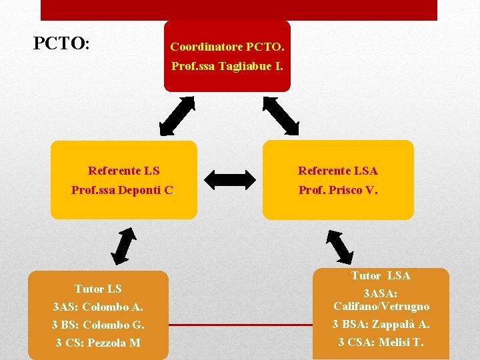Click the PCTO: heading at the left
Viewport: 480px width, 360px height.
point(61,44)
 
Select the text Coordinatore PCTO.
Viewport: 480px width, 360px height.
point(227,47)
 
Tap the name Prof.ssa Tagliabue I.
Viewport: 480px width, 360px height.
point(227,66)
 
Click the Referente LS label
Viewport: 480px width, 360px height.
point(124,171)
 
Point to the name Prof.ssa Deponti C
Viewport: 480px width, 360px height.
point(123,190)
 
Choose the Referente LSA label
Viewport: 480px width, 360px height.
point(337,171)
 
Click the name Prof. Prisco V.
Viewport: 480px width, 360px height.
point(337,190)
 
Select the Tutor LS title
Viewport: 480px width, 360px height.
point(98,289)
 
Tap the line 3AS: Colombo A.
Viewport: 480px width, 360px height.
point(98,307)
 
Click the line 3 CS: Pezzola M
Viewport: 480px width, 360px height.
point(98,343)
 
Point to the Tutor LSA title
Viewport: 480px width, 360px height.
point(381,275)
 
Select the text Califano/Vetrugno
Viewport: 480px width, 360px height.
point(381,306)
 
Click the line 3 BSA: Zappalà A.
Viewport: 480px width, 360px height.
point(381,325)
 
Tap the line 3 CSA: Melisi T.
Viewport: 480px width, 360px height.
point(381,343)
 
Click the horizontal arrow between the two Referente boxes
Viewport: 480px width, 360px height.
point(230,179)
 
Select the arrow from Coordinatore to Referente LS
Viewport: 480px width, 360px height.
point(177,115)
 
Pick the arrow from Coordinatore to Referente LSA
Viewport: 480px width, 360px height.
point(281,115)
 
